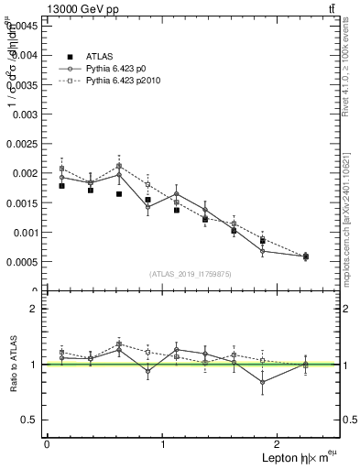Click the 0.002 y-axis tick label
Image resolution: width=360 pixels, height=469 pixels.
pos(24,173)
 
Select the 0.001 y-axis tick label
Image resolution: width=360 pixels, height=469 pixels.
pos(24,232)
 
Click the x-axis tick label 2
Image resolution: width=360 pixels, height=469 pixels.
pos(279,443)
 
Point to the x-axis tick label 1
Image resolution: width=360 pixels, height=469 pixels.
pos(163,443)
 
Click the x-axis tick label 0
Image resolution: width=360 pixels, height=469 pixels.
pos(47,443)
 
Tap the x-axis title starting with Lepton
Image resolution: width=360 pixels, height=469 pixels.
pos(300,458)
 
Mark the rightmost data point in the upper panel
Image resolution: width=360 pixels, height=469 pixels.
pos(305,256)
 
